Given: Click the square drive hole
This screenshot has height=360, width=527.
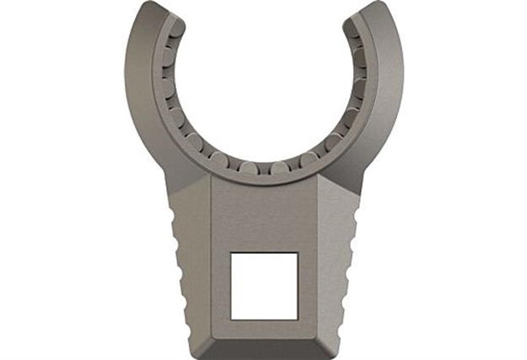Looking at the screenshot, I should point(264,285).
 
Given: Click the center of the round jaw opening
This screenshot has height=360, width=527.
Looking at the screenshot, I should point(263,84).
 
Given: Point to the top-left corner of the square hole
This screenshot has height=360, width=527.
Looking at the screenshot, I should point(232,253).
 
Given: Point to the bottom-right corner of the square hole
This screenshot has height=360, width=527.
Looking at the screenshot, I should point(297,318).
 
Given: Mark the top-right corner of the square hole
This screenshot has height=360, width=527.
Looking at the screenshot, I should point(297,253).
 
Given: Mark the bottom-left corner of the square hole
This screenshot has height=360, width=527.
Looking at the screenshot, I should point(232,318).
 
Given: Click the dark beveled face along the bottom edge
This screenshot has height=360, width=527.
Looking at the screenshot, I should point(264,348).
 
